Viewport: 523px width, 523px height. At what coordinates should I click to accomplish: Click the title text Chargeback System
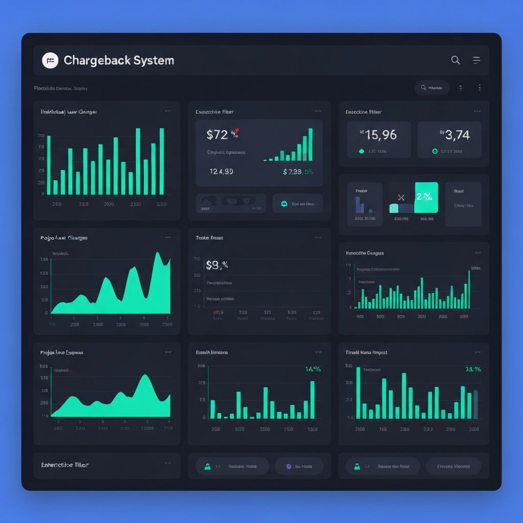tap(118, 60)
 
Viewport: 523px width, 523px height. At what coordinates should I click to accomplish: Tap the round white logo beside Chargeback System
tap(50, 60)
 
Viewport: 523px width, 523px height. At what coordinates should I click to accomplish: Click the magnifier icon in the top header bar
tap(455, 60)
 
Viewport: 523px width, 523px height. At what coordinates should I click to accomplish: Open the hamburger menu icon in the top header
tap(477, 60)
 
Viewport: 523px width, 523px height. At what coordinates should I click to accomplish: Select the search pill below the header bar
tap(432, 88)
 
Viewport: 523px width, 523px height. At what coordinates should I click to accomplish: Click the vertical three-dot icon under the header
tap(480, 88)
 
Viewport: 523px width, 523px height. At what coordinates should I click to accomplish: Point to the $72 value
tap(217, 135)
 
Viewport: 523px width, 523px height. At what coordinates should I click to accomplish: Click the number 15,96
tap(378, 135)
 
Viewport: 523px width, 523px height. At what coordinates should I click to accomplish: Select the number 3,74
tap(455, 135)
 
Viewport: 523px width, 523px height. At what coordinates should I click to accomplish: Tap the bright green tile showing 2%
tap(426, 197)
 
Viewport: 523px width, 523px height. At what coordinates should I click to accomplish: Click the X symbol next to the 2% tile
tap(400, 197)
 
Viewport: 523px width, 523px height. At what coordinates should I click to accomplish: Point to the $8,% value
tap(217, 265)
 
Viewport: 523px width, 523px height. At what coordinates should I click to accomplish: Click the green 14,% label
tap(313, 369)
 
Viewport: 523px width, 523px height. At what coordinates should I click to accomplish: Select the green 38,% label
tap(473, 369)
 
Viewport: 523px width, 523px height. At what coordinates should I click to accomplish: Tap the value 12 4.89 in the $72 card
tap(221, 172)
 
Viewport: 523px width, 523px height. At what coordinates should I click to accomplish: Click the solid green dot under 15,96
tap(362, 151)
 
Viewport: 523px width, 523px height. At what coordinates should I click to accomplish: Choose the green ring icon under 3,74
tap(435, 151)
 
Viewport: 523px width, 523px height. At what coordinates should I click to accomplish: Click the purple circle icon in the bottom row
tap(289, 466)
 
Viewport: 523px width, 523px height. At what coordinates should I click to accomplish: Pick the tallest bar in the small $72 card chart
tap(311, 145)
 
